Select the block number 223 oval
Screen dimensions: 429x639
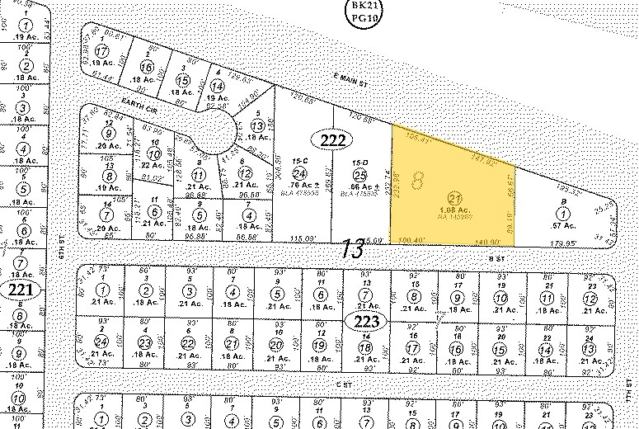click(364, 322)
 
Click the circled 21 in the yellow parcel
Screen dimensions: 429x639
click(453, 196)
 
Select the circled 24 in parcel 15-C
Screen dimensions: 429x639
click(301, 172)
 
